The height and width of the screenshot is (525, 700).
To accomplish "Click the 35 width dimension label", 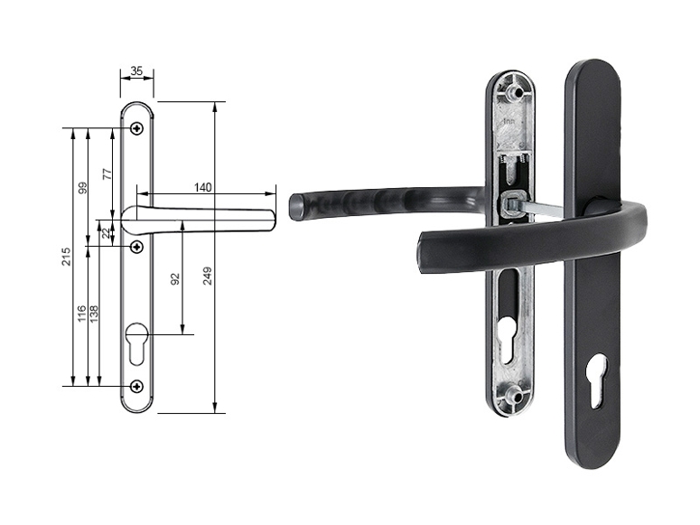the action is coord(136,71).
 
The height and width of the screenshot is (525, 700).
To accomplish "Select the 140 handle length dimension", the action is coord(202,187).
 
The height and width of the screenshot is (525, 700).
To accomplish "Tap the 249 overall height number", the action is coord(207,277).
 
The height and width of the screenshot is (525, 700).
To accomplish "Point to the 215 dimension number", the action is coord(66,257).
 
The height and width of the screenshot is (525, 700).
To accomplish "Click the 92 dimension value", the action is coord(175,279).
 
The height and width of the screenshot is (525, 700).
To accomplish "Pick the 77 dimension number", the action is coord(107,173).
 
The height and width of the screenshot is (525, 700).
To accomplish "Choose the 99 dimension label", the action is coord(82,188).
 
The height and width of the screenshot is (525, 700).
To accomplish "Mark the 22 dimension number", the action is coord(106,233).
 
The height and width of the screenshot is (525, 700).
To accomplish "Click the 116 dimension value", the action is coord(81,314).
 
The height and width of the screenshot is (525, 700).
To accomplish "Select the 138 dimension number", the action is coord(94,314).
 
